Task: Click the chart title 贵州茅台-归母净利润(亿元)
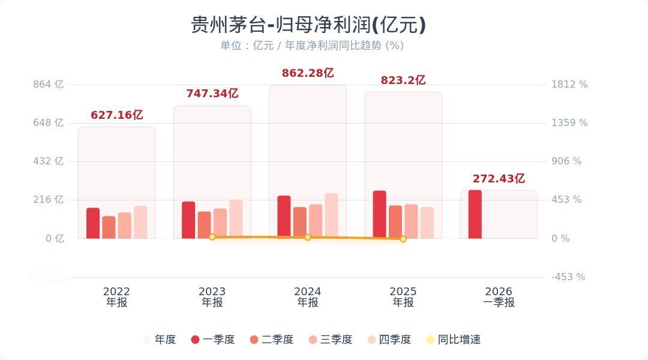308,25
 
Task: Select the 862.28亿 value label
308,73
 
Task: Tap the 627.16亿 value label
116,115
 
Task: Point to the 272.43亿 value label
499,179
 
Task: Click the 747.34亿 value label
212,94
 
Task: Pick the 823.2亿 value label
403,80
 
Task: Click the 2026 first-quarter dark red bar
475,214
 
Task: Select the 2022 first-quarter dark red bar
93,223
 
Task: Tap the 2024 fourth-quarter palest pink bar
331,216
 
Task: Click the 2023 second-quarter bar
204,225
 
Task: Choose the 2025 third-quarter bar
411,221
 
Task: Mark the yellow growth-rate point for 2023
212,237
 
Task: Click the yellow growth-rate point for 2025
403,239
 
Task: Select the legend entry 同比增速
453,340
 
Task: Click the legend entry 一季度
213,340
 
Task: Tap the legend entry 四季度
389,340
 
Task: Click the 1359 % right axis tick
569,123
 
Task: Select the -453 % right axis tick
568,277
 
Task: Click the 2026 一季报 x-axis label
499,297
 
